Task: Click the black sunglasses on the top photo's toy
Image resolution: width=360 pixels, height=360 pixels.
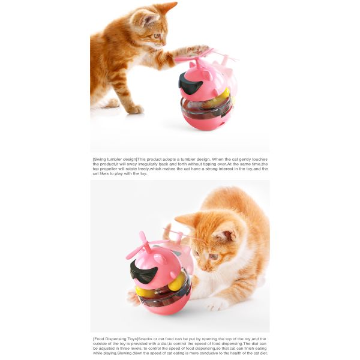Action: (190, 84)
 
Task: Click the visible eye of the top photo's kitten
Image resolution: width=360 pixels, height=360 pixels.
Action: (157, 36)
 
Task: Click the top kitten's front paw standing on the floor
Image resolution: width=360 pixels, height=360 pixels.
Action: (136, 109)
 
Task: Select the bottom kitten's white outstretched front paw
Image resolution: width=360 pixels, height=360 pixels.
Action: (216, 304)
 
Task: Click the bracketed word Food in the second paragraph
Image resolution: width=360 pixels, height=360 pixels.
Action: (100, 339)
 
